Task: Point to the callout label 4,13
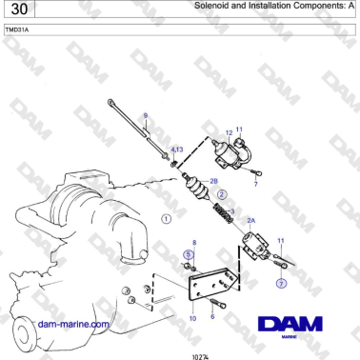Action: pyautogui.click(x=176, y=149)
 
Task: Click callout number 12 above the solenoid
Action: pyautogui.click(x=229, y=131)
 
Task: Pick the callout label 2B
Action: pyautogui.click(x=214, y=180)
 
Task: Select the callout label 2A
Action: pyautogui.click(x=250, y=220)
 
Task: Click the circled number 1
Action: pyautogui.click(x=167, y=219)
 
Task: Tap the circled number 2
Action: pyautogui.click(x=222, y=194)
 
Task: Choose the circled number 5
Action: pyautogui.click(x=189, y=254)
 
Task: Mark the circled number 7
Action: pyautogui.click(x=281, y=283)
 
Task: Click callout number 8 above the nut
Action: pyautogui.click(x=194, y=244)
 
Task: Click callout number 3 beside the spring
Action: pyautogui.click(x=232, y=211)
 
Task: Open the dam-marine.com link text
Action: pyautogui.click(x=75, y=324)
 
